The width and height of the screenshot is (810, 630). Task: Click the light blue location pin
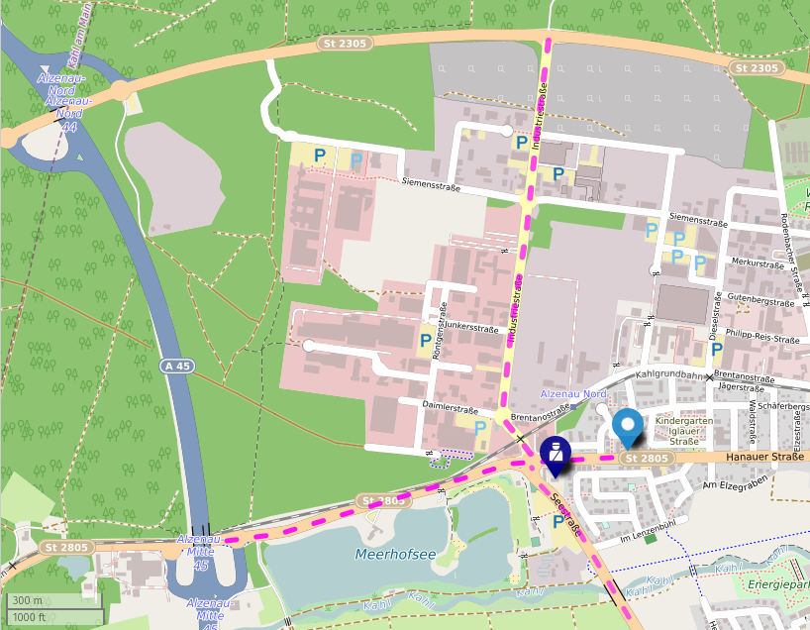[x=627, y=426]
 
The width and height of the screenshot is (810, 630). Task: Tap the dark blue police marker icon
[x=557, y=455]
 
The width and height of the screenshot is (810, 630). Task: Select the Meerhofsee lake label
[x=395, y=554]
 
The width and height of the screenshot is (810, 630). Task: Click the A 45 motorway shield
[x=176, y=367]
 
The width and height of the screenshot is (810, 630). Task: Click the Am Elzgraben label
[x=736, y=484]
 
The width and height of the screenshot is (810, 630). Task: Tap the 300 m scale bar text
[x=28, y=601]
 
